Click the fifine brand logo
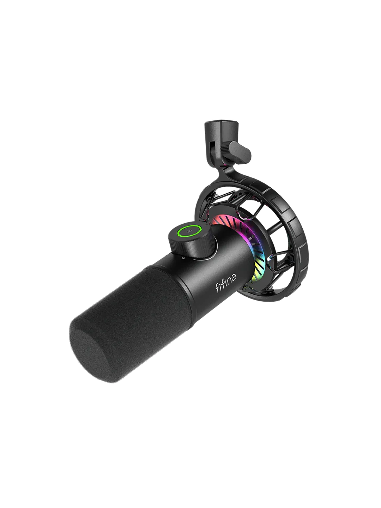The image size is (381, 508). (x=225, y=283)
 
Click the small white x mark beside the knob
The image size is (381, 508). (x=183, y=258)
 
